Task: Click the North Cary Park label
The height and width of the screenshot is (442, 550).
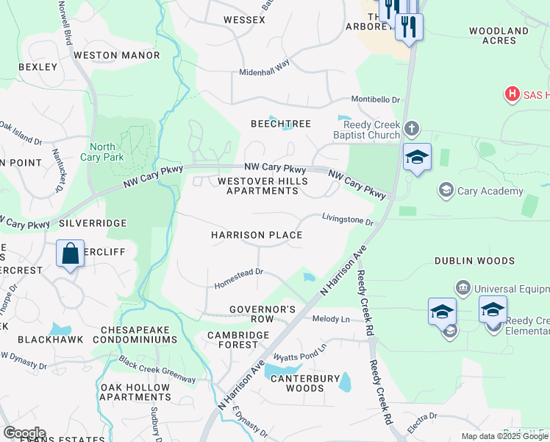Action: tap(107, 151)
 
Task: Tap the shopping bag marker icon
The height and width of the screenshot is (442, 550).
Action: tap(70, 254)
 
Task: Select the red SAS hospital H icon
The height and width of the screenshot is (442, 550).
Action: tap(512, 94)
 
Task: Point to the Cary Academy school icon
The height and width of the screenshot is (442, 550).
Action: tap(445, 191)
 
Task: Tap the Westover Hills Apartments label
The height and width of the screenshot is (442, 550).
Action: tap(258, 186)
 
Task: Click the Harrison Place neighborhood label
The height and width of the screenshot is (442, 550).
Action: tap(257, 235)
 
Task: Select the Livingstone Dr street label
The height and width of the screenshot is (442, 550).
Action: tap(349, 218)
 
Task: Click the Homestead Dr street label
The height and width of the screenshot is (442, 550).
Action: tap(239, 278)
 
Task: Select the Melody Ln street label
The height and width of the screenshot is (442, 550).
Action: tap(331, 319)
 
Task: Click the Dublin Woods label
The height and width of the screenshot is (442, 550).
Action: tap(474, 261)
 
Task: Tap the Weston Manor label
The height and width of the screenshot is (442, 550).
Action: tap(117, 55)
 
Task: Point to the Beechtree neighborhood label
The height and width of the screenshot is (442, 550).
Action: tap(281, 124)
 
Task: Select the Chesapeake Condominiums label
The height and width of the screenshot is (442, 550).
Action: tap(139, 334)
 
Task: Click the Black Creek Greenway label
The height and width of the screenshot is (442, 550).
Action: tap(158, 371)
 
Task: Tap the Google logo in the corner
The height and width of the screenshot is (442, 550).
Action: tap(24, 432)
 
